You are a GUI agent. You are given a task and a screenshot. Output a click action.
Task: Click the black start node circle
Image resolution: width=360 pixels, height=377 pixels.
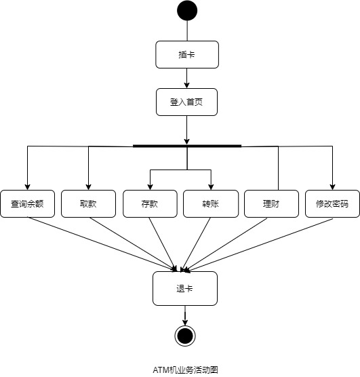187,11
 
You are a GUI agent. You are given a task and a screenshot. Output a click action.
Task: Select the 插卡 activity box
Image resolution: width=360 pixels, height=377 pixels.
186,55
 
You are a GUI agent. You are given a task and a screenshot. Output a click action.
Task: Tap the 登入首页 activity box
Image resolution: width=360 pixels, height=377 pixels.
186,102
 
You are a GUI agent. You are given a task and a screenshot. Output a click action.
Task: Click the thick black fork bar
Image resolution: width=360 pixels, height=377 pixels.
187,146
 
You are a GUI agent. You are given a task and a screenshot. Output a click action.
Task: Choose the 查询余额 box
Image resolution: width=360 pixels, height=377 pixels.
27,203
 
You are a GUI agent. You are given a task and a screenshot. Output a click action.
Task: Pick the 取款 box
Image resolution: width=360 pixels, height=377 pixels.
88,203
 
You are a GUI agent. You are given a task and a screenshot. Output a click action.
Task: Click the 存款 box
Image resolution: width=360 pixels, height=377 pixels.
150,203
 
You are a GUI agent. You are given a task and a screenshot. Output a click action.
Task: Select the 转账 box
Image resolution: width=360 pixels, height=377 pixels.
211,203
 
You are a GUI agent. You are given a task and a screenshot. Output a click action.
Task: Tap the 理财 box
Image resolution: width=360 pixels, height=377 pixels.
271,203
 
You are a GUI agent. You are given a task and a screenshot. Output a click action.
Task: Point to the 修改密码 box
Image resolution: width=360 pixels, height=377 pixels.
332,203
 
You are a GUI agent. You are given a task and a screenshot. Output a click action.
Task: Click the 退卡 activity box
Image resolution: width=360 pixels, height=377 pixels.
185,288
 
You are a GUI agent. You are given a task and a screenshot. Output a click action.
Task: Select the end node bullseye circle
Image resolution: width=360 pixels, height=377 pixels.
185,336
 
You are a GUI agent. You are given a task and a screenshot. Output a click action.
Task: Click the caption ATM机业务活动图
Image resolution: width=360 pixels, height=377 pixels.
185,370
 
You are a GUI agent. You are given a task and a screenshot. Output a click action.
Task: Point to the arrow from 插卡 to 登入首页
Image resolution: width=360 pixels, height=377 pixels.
187,78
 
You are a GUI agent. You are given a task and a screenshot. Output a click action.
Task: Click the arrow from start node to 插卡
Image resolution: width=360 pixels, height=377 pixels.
187,31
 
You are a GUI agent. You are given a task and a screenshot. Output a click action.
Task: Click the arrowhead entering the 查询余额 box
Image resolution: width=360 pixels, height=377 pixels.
27,186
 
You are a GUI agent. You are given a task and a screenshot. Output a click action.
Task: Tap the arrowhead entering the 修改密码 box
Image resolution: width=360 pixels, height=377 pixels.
332,186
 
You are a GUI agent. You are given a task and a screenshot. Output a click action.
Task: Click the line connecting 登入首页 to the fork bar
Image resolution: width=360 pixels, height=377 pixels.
187,130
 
